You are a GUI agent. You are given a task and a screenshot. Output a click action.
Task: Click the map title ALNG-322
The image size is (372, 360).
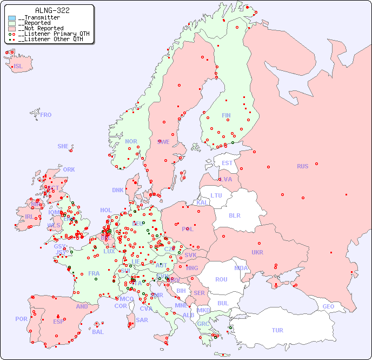[52, 10]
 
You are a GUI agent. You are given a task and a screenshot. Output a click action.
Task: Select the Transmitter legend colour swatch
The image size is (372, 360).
[12, 18]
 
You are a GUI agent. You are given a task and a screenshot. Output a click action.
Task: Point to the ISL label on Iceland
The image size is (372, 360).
[18, 67]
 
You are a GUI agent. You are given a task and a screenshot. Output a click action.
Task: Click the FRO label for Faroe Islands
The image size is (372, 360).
[46, 115]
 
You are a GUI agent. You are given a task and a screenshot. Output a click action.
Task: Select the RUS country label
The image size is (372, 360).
[302, 166]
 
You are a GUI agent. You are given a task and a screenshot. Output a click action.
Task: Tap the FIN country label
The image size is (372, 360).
[226, 115]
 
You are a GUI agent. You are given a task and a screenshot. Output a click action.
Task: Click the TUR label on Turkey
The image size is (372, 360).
[277, 330]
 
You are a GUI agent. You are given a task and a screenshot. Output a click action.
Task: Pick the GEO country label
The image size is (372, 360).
[328, 306]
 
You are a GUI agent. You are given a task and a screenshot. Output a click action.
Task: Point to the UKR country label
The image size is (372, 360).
[257, 252]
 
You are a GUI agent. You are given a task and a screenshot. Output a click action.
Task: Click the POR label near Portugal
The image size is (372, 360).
[21, 319]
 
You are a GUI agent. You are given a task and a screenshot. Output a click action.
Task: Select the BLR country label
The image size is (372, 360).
[234, 215]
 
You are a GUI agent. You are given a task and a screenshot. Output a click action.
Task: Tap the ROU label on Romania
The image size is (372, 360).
[221, 279]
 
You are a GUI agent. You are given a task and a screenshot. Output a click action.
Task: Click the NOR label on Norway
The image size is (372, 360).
[131, 141]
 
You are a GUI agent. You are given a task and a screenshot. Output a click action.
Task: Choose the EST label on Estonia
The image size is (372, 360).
[227, 163]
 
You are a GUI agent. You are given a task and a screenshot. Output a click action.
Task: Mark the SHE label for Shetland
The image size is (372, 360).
[63, 146]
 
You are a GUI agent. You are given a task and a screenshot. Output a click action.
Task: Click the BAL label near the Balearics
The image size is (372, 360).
[98, 332]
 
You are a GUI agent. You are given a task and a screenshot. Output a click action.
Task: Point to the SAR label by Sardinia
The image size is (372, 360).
[142, 320]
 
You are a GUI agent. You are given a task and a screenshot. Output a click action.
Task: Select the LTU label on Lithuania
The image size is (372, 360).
[216, 195]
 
